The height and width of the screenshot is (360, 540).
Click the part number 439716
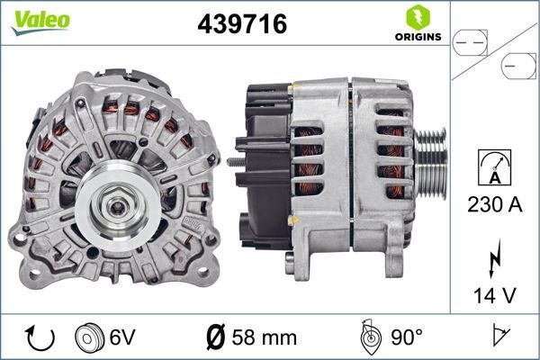pos(241,24)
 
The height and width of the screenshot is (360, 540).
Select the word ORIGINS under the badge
pos(418,37)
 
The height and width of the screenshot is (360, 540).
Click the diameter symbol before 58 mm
pos(215,338)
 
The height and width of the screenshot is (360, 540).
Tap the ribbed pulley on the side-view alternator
pos(430,161)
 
